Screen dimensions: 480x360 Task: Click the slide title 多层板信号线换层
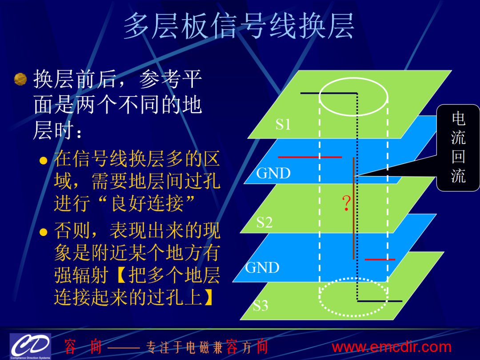click(x=239, y=26)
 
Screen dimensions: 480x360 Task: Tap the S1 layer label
click(x=283, y=124)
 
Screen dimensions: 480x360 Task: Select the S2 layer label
click(x=264, y=222)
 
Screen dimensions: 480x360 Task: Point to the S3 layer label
click(x=260, y=305)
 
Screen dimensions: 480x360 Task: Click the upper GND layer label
click(x=273, y=173)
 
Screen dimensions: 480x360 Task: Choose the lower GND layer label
click(x=262, y=268)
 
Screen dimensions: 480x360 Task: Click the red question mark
click(x=346, y=203)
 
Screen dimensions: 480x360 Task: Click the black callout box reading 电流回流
click(x=458, y=148)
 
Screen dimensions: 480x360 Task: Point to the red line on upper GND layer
click(x=310, y=157)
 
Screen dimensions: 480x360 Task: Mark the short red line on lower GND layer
click(x=380, y=260)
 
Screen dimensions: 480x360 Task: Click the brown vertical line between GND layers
click(x=354, y=208)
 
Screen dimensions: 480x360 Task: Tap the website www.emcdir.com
click(x=392, y=347)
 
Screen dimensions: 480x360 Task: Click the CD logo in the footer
click(x=30, y=346)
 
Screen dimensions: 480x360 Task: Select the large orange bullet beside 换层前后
click(x=20, y=79)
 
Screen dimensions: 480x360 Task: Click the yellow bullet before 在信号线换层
click(x=44, y=160)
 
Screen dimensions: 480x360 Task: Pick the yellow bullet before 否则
click(x=44, y=232)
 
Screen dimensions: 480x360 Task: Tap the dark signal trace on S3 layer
click(x=380, y=301)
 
